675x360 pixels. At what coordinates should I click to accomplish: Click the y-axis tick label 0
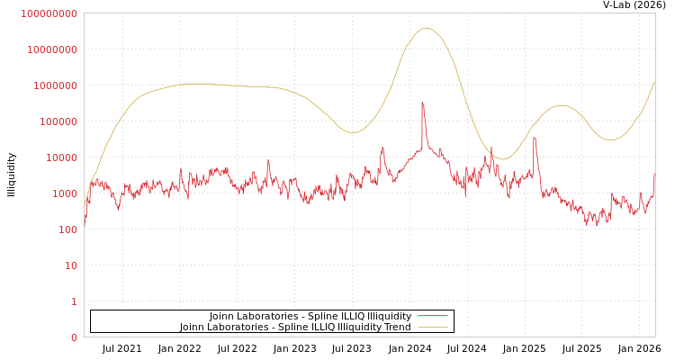74,337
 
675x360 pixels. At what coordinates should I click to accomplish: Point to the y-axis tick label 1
74,301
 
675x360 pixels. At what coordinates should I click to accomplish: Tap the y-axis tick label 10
71,265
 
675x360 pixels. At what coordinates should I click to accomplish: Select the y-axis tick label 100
68,229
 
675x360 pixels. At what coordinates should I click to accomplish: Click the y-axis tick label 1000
66,193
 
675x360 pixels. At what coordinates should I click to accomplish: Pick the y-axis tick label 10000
63,157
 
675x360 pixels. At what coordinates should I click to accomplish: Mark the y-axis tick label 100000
59,121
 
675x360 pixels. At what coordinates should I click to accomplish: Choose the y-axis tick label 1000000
57,85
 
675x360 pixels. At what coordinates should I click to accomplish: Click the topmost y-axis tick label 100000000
50,13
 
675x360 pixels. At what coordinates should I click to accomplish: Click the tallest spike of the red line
422,103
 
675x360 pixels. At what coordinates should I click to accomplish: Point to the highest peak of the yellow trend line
427,28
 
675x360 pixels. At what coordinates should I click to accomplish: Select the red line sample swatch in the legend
432,317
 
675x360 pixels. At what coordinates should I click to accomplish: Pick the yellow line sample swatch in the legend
432,328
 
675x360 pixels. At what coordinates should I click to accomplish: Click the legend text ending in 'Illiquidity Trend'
295,328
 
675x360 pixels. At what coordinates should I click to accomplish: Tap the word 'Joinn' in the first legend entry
222,317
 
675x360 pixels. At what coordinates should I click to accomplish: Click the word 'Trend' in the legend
397,328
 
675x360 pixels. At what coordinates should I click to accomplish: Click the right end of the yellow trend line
654,83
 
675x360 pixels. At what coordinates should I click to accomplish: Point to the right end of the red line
654,174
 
